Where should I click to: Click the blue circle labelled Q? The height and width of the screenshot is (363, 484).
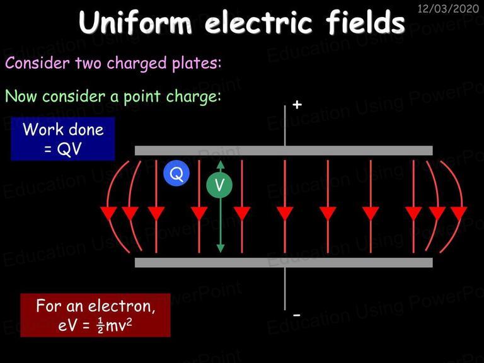click(176, 173)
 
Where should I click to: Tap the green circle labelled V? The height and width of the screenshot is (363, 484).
click(219, 185)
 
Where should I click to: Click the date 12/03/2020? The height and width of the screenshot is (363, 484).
click(448, 8)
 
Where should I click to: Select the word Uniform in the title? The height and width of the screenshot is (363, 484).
click(135, 23)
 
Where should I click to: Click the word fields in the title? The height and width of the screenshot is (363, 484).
click(365, 22)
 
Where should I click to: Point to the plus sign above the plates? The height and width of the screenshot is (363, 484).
click(297, 105)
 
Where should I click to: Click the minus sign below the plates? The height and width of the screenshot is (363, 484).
click(296, 315)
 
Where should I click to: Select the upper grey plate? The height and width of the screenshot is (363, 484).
click(284, 151)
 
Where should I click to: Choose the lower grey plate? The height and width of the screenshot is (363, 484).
click(284, 262)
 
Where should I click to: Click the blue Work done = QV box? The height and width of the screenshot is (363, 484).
click(63, 139)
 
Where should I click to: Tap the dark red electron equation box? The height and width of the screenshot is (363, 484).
click(95, 315)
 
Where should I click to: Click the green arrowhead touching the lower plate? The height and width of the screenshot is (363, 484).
click(220, 248)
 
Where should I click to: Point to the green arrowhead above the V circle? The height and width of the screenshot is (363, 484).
click(220, 165)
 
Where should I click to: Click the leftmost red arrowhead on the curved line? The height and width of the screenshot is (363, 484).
click(108, 213)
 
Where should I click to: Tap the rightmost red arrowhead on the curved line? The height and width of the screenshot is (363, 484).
click(459, 213)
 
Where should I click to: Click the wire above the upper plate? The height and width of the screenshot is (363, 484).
click(285, 125)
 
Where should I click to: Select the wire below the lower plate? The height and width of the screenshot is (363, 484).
click(285, 289)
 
